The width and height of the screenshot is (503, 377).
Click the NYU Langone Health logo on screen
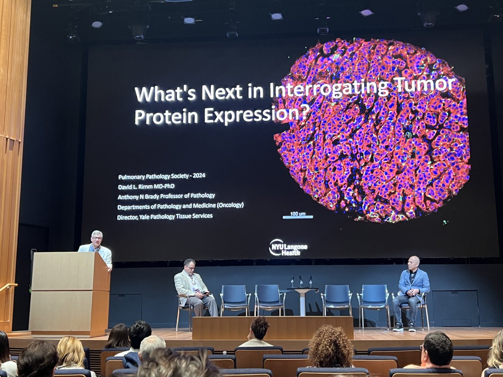tap(288, 247)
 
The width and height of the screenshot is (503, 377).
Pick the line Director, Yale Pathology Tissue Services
tap(165, 216)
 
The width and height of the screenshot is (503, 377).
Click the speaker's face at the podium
tap(97, 239)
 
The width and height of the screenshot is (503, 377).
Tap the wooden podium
tap(69, 293)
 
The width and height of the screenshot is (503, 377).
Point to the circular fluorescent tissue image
tap(372, 130)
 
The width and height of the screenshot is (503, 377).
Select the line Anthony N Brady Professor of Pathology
tap(166, 196)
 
